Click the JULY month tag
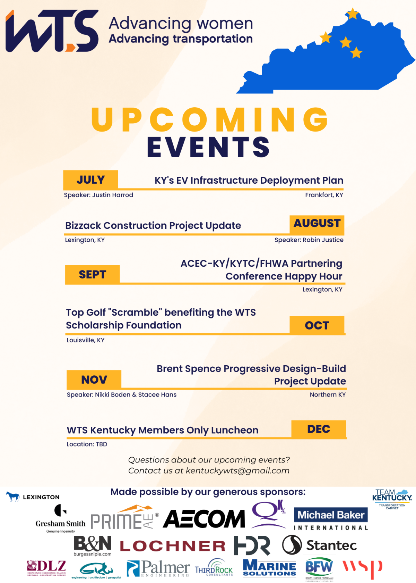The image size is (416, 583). click(x=90, y=180)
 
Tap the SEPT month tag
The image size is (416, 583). click(x=92, y=275)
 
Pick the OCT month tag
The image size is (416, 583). click(x=317, y=325)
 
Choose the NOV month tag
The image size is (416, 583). click(x=94, y=380)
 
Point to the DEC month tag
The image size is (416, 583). click(x=319, y=429)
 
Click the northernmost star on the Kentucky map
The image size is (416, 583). click(x=353, y=14)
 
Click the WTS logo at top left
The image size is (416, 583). click(x=52, y=31)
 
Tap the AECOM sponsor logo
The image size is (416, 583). click(x=204, y=519)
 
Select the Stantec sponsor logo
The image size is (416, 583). click(x=319, y=545)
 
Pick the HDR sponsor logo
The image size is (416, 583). click(x=252, y=545)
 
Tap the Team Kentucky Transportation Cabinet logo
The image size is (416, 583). click(x=392, y=499)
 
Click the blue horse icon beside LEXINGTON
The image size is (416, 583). click(x=13, y=497)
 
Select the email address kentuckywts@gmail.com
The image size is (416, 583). click(x=237, y=471)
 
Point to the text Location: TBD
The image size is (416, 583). click(x=87, y=444)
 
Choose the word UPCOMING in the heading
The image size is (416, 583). click(x=209, y=120)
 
